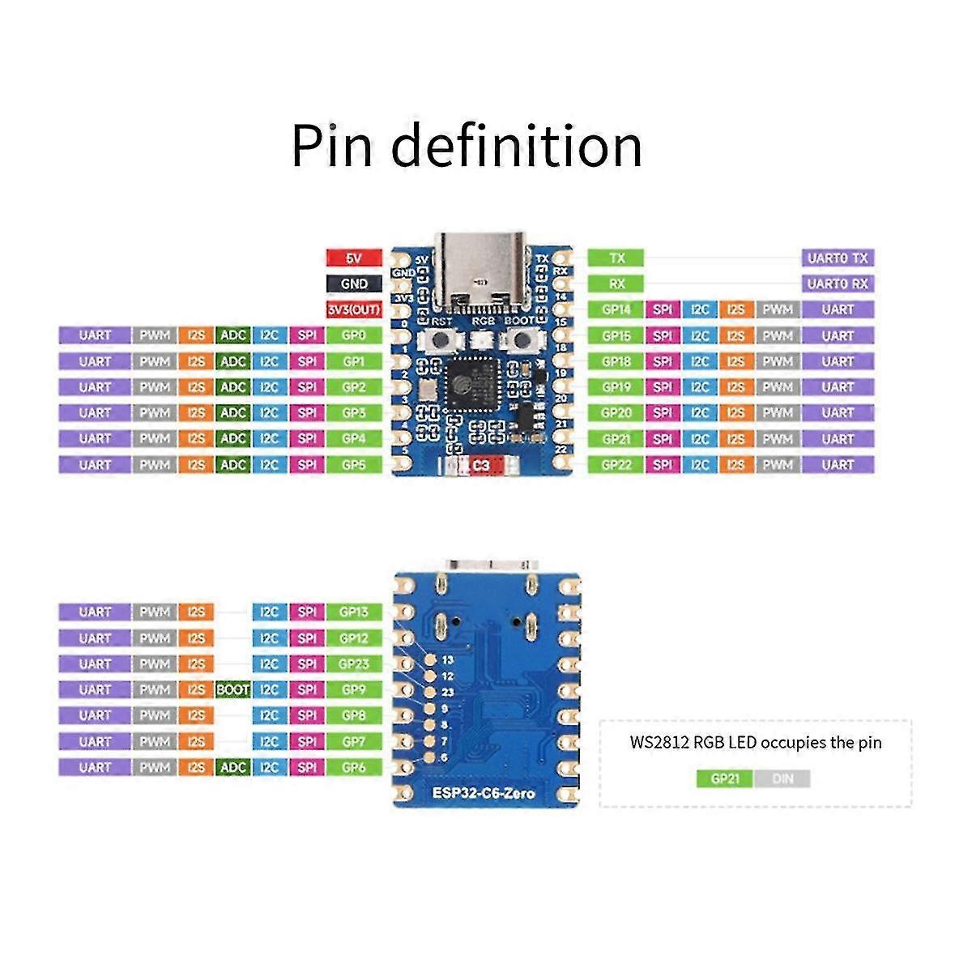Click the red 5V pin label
coord(354,258)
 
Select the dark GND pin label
coord(354,284)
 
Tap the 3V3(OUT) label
coord(354,310)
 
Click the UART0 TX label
coord(838,258)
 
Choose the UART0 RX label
coord(838,284)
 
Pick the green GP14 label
coord(616,309)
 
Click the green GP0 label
coord(354,335)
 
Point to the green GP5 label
coord(354,465)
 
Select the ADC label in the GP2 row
coord(233,387)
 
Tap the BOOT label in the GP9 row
coord(233,690)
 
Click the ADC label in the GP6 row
coord(233,767)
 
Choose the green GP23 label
coord(354,664)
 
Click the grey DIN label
coord(782,779)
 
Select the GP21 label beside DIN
coord(725,779)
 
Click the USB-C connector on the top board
coord(483,271)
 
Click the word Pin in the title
coord(332,146)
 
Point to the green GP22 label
coord(616,465)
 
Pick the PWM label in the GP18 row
coord(777,361)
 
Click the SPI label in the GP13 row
coord(307,612)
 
